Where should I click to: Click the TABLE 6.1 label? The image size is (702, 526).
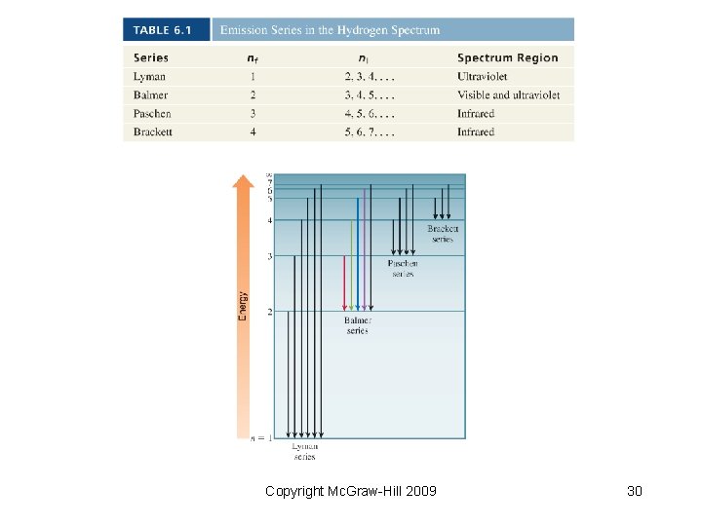point(163,30)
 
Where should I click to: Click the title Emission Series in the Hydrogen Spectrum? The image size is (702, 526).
point(330,30)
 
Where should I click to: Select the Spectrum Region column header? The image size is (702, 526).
point(507,57)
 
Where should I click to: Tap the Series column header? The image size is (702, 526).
point(151,57)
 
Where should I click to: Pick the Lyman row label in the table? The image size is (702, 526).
point(149,76)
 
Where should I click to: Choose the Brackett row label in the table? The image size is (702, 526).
point(152,131)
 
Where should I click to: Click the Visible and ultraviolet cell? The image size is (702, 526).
point(508,94)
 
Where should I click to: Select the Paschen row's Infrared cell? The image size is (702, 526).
point(476,113)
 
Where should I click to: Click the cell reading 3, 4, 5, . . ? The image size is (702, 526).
point(370,94)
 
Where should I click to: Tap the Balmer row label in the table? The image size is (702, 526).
point(150,94)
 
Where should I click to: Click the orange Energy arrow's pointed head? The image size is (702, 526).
point(243,181)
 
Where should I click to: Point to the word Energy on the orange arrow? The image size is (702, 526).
point(243,306)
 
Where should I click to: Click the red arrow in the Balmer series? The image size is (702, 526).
point(344,282)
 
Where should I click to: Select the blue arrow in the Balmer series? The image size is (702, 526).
point(358,253)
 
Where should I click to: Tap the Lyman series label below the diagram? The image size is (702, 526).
point(305,451)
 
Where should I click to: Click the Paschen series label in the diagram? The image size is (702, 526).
point(403,268)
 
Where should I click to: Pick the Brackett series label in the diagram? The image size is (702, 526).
point(443,234)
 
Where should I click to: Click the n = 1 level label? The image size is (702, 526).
point(261,438)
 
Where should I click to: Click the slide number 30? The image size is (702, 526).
point(634,491)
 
